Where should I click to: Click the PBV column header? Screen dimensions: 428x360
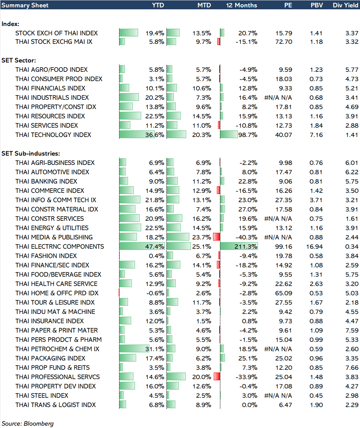pos(316,5)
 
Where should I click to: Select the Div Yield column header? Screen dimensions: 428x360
pos(345,5)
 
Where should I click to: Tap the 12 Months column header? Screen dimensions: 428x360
pos(241,5)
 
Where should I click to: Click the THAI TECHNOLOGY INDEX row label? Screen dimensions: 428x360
pos(53,135)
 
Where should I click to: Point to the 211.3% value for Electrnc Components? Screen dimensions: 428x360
pos(247,246)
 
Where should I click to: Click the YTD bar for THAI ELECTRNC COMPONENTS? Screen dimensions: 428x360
pos(142,246)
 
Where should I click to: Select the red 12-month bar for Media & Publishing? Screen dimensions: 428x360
pos(216,237)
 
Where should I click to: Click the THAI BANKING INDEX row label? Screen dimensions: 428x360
pos(46,181)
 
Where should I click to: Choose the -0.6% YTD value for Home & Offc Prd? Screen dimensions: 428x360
pos(156,293)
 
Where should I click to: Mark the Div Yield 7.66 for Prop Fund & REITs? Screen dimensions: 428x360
pos(351,367)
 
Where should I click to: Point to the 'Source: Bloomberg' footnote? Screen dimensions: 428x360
pos(28,423)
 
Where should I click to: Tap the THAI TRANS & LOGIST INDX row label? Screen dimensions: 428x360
pos(55,405)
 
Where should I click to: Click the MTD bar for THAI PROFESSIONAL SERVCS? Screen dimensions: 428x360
pos(176,377)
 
